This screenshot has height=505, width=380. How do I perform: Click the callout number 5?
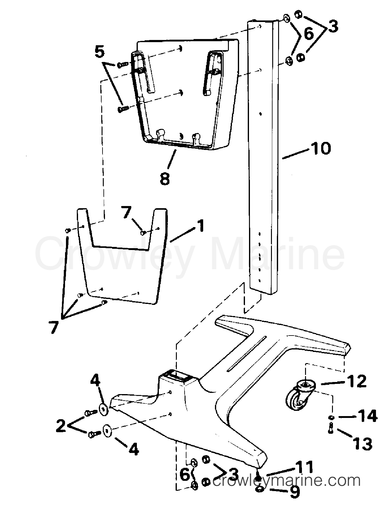pyautogui.click(x=99, y=52)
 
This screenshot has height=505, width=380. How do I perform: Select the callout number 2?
pyautogui.click(x=61, y=426)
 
